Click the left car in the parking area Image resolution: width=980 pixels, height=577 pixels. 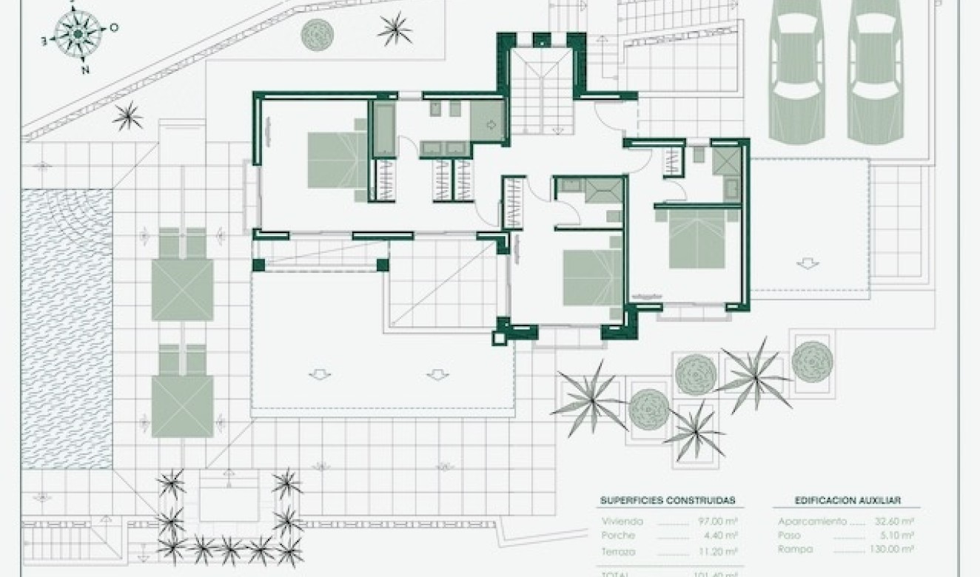(796, 70)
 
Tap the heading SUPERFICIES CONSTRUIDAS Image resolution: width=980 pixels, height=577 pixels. (667, 501)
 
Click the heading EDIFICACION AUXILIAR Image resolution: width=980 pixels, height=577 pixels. (842, 501)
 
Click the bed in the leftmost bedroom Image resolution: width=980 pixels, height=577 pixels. (337, 161)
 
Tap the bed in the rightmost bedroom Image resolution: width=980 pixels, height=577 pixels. (698, 240)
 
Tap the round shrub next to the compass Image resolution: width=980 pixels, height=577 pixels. (317, 33)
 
